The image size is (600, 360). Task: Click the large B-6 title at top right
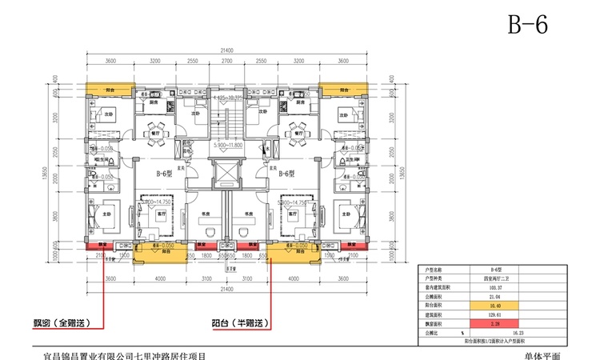coord(527,25)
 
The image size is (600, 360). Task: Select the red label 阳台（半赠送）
coord(233,323)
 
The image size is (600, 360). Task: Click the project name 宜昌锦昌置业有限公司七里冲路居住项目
coord(128,352)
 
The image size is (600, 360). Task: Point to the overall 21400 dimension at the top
coord(226,50)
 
